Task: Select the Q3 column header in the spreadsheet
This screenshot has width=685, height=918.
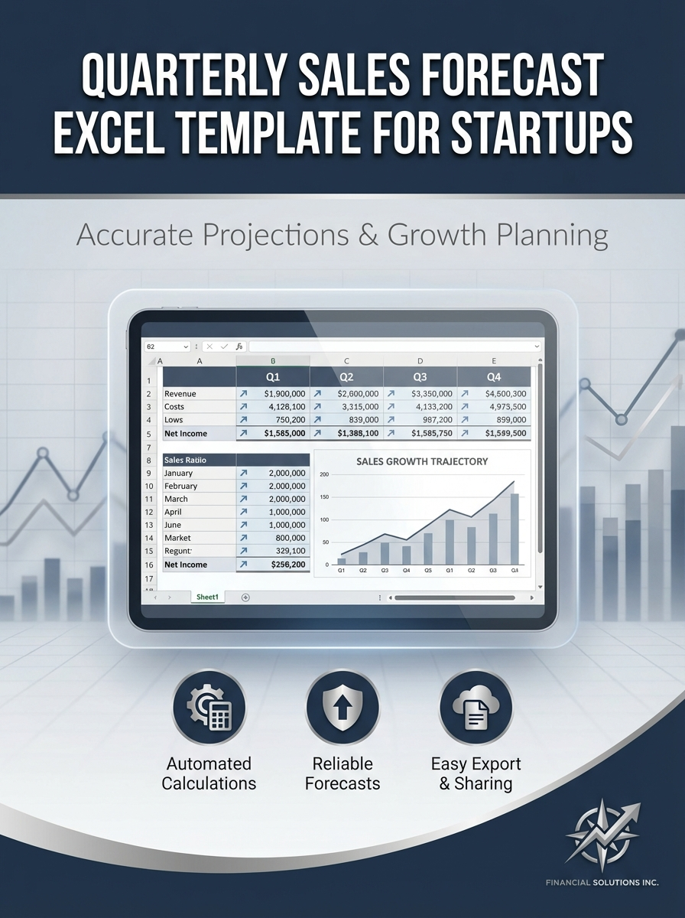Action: click(x=420, y=376)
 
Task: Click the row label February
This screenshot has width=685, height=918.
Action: click(x=181, y=486)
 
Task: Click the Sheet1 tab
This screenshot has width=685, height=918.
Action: click(x=207, y=597)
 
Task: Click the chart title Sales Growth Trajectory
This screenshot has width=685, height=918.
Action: click(x=421, y=461)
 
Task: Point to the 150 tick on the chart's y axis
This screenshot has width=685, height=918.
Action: click(x=323, y=497)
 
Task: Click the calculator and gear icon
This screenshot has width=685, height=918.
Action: click(x=209, y=708)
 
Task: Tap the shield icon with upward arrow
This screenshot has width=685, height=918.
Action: click(x=342, y=708)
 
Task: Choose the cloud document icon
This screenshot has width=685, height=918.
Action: click(x=476, y=708)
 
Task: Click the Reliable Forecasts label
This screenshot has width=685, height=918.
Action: click(x=342, y=773)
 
